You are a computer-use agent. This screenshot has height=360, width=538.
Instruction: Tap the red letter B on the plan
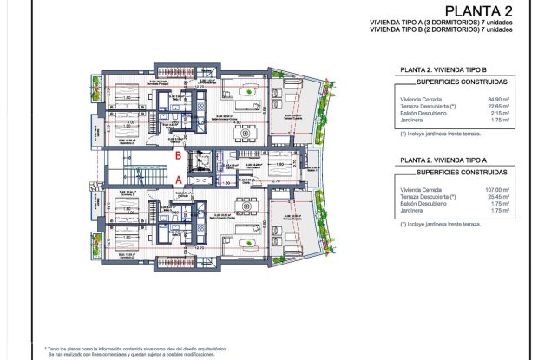pos(178,156)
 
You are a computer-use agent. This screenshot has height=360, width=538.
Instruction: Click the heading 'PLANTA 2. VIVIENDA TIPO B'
pos(442,74)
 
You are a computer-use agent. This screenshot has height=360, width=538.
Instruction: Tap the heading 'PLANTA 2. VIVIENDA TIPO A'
pos(442,160)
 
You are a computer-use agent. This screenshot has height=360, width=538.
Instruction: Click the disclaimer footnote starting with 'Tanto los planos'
pos(130,345)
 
